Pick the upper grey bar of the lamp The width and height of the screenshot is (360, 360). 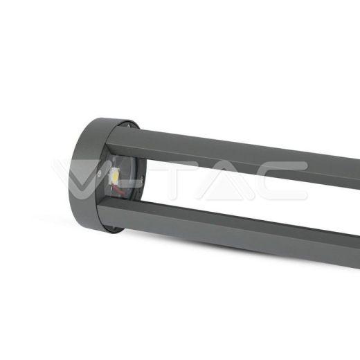pyautogui.click(x=242, y=156)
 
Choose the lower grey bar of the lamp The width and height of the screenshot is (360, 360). pyautogui.click(x=242, y=228)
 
